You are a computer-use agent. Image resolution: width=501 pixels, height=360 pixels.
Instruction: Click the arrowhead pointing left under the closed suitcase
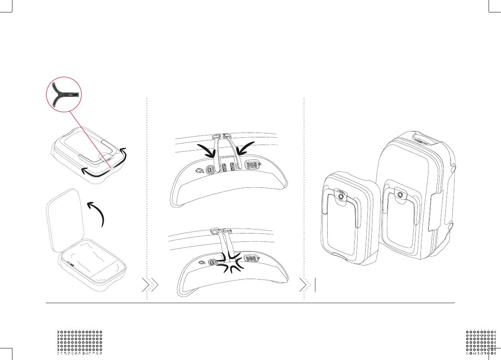(x=83, y=171)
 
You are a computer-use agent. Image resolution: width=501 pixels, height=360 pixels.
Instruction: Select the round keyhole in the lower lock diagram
(x=213, y=263)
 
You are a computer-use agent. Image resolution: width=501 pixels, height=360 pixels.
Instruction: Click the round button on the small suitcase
(x=341, y=197)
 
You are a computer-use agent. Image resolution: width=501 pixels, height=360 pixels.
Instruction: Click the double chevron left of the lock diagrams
(x=151, y=285)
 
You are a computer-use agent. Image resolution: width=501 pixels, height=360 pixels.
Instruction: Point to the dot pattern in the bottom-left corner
(x=80, y=342)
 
